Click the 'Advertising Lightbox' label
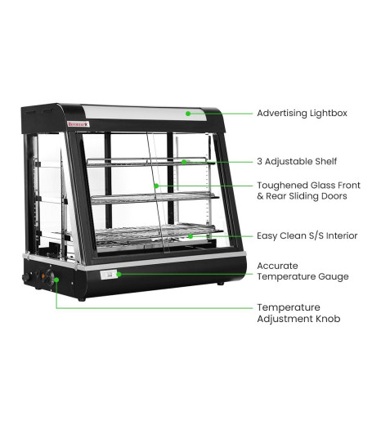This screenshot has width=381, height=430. click(302, 114)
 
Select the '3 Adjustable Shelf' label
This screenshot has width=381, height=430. click(297, 161)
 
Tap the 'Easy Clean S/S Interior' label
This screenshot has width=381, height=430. click(307, 235)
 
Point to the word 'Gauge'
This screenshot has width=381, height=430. click(334, 276)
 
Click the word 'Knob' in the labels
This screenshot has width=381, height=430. click(328, 319)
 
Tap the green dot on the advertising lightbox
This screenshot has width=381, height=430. click(188, 114)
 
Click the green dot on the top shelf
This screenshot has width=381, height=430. click(184, 162)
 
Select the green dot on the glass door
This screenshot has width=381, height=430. click(156, 186)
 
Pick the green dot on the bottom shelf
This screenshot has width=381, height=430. click(190, 236)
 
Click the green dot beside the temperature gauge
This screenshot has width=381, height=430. click(119, 274)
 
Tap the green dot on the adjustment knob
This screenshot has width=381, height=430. click(56, 280)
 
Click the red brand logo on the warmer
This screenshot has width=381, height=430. click(78, 124)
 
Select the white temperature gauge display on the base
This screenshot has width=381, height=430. click(109, 275)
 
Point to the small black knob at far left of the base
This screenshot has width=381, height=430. click(26, 277)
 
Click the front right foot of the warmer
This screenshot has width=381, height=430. click(221, 284)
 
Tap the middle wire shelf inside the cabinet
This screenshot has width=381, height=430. click(155, 198)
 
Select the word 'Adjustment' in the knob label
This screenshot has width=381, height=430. click(285, 319)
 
